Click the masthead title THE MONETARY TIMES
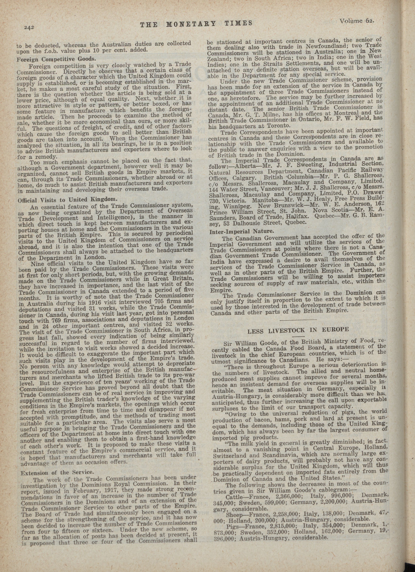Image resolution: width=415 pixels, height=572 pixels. [x=196, y=24]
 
